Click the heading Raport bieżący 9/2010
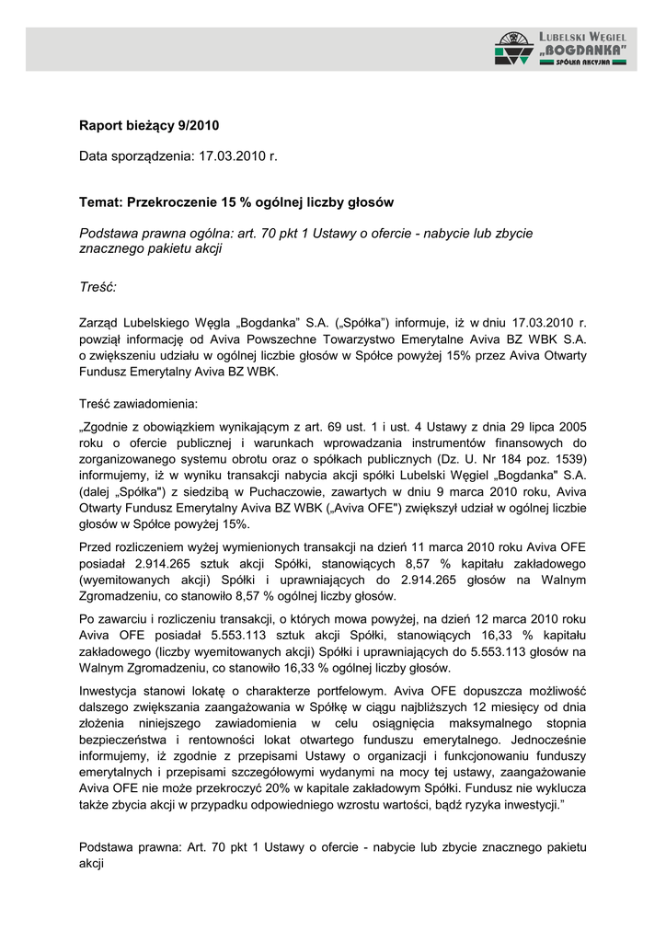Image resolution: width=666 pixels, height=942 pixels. coord(149,125)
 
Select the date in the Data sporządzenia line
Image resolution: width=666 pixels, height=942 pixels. coord(238,156)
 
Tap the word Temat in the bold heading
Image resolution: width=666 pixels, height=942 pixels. coord(100,201)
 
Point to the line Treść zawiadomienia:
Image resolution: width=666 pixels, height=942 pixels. coord(138,403)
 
